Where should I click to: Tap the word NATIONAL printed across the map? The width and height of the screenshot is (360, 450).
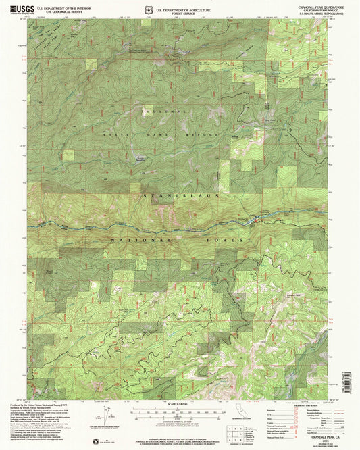pyautogui.click(x=134, y=239)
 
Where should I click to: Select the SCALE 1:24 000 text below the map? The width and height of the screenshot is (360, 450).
pyautogui.click(x=180, y=405)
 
